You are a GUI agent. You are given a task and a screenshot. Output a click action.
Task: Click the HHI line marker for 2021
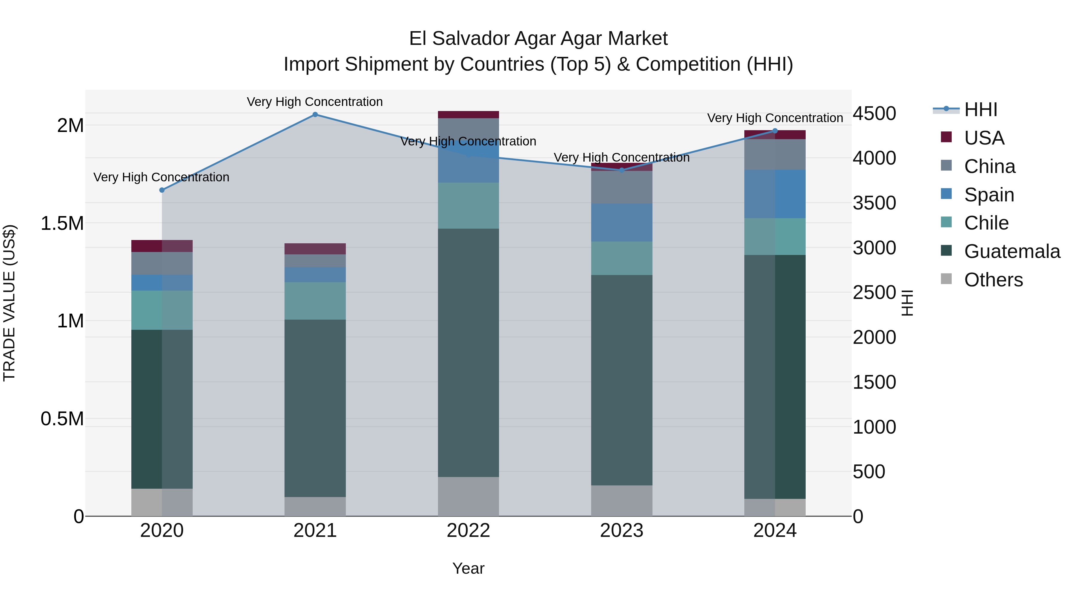[x=315, y=115]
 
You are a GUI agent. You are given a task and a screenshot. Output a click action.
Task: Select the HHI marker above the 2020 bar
[x=162, y=190]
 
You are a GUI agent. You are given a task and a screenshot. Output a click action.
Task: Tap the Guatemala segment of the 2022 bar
[x=468, y=352]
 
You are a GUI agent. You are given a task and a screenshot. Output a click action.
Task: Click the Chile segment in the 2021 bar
[x=315, y=301]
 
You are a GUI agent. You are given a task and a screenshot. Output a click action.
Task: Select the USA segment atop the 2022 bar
[x=468, y=115]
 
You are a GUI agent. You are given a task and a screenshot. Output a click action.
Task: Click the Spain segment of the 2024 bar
[x=775, y=194]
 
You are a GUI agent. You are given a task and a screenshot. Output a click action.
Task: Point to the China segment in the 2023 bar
[x=621, y=187]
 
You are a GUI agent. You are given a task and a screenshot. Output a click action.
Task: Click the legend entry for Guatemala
[x=1012, y=251]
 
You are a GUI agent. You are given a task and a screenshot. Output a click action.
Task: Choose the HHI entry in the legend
[x=980, y=110]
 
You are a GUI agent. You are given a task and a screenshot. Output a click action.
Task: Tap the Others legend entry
[x=993, y=280]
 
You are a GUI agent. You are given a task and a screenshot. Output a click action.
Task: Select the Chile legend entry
[x=986, y=223]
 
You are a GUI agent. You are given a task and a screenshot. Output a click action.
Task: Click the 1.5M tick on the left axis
[x=62, y=223]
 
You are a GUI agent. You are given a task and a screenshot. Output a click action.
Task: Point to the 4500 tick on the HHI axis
[x=874, y=113]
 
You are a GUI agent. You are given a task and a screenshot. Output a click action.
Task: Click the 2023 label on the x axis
[x=621, y=531]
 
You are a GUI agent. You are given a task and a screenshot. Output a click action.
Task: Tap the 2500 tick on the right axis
[x=874, y=292]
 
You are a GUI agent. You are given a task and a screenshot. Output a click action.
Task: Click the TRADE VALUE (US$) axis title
[x=9, y=303]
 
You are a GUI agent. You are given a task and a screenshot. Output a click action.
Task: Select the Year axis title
[x=468, y=568]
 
